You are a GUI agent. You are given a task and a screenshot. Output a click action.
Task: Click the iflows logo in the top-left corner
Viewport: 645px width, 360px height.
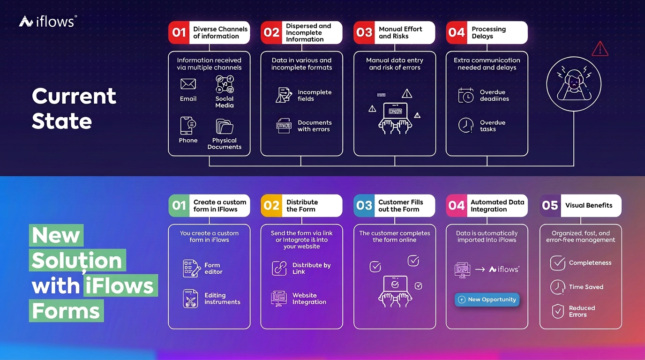point(48,21)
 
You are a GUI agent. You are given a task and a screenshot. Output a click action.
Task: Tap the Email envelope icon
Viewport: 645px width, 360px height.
point(188,84)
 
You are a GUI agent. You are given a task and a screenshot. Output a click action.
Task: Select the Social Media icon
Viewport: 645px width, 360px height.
point(225,84)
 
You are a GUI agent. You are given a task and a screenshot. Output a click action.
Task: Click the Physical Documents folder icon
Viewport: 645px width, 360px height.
point(225,127)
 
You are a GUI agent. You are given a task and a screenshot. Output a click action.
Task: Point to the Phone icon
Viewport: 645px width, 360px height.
point(188,126)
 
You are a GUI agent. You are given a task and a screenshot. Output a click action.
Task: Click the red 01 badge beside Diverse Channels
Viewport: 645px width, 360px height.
point(179,32)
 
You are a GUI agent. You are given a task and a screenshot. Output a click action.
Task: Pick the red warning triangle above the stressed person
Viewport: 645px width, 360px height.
point(600,49)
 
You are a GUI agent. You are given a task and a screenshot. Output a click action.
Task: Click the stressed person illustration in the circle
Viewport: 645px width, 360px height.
point(574,84)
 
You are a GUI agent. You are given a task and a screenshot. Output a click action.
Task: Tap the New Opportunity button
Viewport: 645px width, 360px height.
point(487,300)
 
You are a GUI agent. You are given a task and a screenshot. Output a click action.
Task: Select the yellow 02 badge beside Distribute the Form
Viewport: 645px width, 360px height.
point(271,206)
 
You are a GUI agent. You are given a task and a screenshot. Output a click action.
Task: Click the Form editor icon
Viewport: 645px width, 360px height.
point(191,269)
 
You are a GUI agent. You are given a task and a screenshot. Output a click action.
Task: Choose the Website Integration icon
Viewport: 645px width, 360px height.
point(279,299)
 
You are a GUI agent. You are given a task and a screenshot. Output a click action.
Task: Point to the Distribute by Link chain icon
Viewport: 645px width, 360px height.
point(279,269)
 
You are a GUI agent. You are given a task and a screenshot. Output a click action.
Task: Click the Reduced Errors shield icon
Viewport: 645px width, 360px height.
point(558,311)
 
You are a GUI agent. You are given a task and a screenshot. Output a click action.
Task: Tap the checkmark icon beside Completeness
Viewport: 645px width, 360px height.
point(558,262)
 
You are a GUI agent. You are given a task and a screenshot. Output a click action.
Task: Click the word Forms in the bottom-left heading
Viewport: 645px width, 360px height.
point(66,311)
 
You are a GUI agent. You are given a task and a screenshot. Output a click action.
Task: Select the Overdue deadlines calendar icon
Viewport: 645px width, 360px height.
point(465,95)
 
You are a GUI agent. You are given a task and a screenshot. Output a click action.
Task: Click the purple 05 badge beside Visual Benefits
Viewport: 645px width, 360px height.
point(550,206)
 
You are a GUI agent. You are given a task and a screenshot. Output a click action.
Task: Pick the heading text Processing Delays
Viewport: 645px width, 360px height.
point(488,32)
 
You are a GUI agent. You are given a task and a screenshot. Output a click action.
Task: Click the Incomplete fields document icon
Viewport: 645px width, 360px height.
point(284,95)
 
